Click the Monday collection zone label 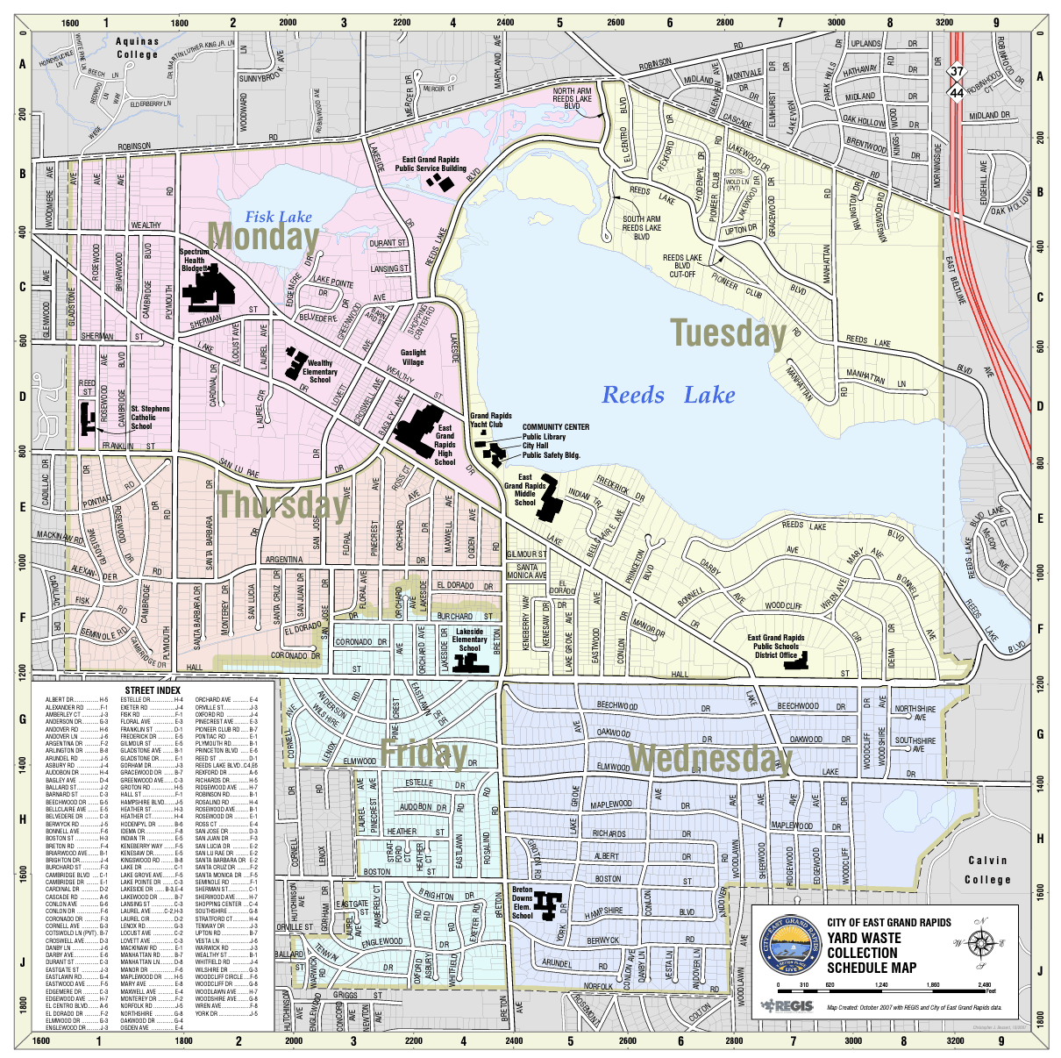[x=263, y=236]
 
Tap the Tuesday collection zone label [x=728, y=333]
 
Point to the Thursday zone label [x=282, y=504]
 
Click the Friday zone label [x=423, y=753]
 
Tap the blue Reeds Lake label [x=668, y=396]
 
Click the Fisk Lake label [x=278, y=217]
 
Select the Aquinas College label [x=138, y=47]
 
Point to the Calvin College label [x=987, y=870]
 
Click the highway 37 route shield [x=956, y=71]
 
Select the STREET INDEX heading [x=152, y=690]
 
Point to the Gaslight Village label [x=413, y=357]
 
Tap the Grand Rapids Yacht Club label [x=490, y=420]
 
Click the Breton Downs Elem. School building [x=550, y=904]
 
